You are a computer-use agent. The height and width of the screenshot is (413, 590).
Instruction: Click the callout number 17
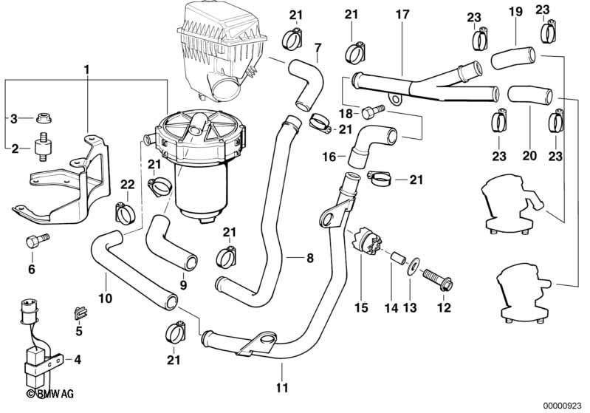[402, 15]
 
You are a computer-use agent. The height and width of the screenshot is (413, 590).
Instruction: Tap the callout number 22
[128, 185]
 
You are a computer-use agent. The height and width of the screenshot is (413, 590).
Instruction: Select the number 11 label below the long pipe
[282, 387]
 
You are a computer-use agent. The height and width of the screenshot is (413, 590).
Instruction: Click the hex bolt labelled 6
[37, 240]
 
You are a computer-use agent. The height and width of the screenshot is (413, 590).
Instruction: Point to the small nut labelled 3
[44, 118]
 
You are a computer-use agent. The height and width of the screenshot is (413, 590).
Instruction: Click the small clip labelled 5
[80, 313]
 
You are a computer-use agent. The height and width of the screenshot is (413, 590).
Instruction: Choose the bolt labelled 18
[373, 112]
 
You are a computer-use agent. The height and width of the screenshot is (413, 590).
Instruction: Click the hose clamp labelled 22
[124, 213]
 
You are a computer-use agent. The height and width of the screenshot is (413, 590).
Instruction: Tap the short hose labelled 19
[513, 58]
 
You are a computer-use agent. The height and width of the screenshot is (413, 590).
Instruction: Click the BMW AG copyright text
[50, 394]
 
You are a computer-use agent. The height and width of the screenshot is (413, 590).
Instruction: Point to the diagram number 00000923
[563, 406]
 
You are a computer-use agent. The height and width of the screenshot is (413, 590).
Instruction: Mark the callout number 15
[361, 307]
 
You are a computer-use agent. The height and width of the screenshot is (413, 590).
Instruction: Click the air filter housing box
[222, 51]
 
